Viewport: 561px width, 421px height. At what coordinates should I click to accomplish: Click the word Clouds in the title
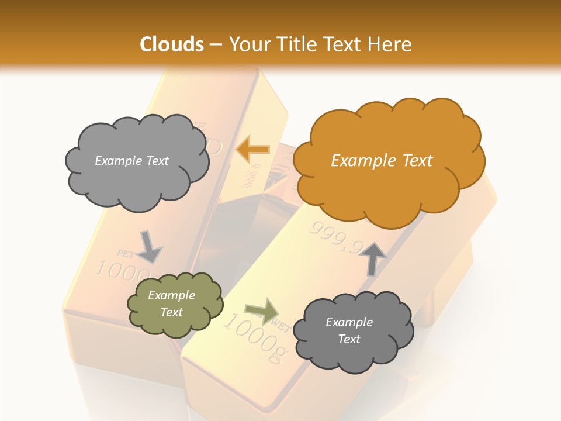[x=172, y=44]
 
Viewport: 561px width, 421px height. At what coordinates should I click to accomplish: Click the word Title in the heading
[x=296, y=44]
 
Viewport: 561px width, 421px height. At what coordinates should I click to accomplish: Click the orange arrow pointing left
[x=252, y=149]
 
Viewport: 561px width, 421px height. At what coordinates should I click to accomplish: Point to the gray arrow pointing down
[x=150, y=246]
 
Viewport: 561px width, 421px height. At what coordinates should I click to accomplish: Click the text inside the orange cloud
[x=382, y=161]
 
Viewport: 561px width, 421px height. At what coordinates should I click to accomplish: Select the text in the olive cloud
[x=172, y=304]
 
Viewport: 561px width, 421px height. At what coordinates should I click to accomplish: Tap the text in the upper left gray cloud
[x=131, y=161]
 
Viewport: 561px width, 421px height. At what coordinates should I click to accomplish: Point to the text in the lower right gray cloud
[x=349, y=330]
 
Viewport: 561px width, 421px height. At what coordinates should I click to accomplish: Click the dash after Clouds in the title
[x=214, y=44]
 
